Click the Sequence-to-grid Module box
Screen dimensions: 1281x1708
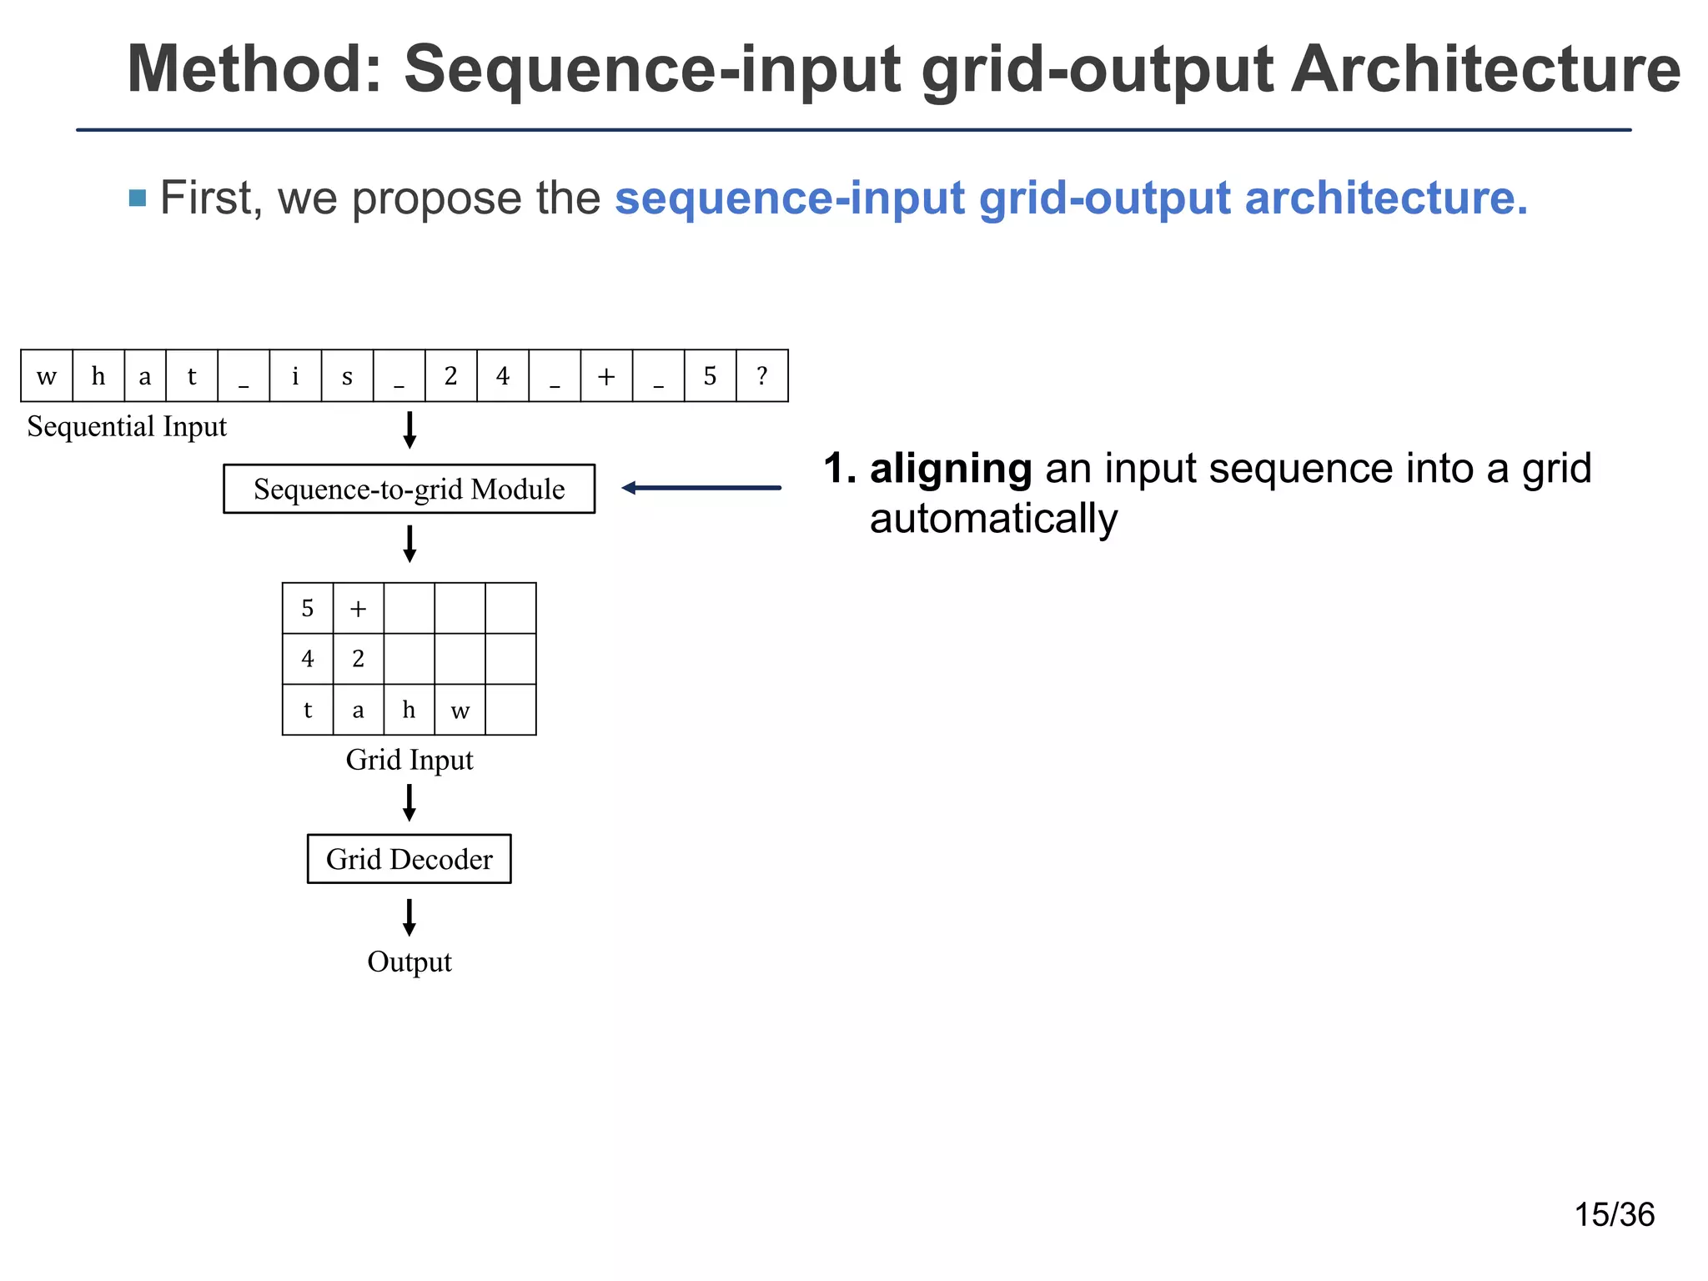tap(409, 489)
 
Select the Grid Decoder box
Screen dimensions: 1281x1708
tap(409, 859)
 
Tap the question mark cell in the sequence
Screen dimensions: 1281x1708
tap(761, 376)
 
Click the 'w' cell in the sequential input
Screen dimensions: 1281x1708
tap(47, 376)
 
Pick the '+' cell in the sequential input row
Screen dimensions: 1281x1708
tap(606, 376)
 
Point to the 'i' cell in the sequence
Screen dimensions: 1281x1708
tap(295, 376)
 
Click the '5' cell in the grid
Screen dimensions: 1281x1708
tap(308, 608)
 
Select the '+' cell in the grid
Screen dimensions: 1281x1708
tap(359, 608)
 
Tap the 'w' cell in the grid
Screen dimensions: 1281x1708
tap(460, 710)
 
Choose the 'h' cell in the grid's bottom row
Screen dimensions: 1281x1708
tap(409, 710)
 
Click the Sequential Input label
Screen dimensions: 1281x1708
tap(127, 426)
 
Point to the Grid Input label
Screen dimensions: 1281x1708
tap(409, 760)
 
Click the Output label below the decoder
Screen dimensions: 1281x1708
tap(409, 962)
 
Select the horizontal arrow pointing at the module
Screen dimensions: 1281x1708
tap(701, 488)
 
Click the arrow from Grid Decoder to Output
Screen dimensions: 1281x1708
tap(409, 917)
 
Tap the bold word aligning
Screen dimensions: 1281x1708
tap(951, 469)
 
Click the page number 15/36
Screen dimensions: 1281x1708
tap(1614, 1214)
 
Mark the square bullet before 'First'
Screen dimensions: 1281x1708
tap(138, 198)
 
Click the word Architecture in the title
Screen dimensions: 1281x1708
tap(1485, 70)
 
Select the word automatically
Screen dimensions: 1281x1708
tap(993, 519)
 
